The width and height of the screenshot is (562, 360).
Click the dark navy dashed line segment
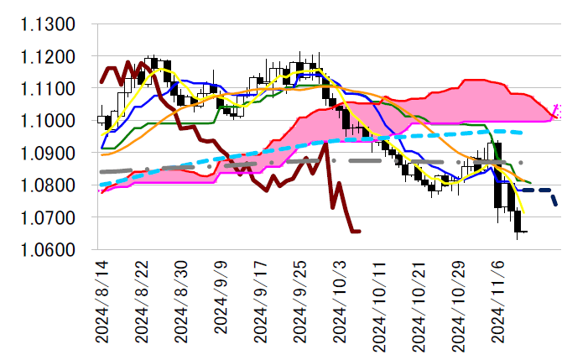[x=537, y=191]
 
